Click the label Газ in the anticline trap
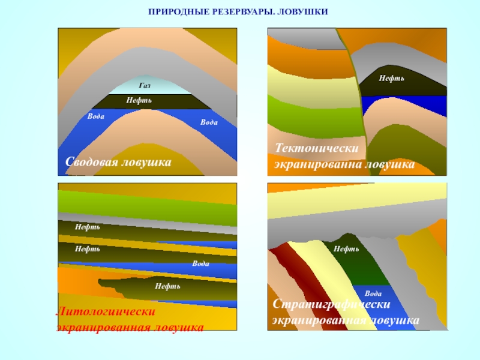(x=144, y=86)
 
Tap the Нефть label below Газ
(x=139, y=100)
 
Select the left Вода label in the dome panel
(x=96, y=116)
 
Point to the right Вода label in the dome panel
(x=209, y=122)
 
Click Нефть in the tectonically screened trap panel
(x=391, y=79)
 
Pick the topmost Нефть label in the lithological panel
(x=88, y=227)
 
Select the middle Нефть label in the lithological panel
(x=88, y=248)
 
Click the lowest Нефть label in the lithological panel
(x=167, y=286)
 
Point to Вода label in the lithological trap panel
(x=200, y=264)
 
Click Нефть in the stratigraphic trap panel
(x=346, y=248)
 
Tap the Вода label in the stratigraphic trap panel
(x=373, y=293)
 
